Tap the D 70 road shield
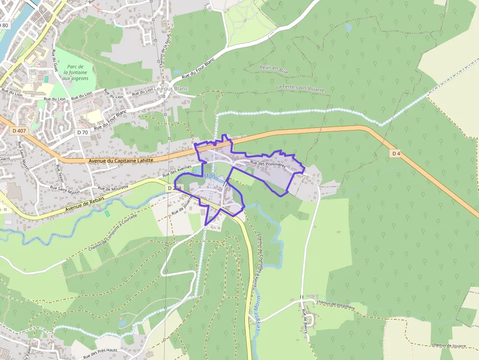point(83,132)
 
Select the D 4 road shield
point(396,153)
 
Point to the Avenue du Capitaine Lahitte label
point(121,160)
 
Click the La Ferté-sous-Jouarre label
point(300,88)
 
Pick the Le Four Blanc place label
point(171,89)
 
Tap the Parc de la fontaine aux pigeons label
point(75,72)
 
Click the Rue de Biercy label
point(305,322)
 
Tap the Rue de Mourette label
point(113,188)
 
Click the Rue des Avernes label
point(177,171)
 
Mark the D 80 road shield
point(4,25)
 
